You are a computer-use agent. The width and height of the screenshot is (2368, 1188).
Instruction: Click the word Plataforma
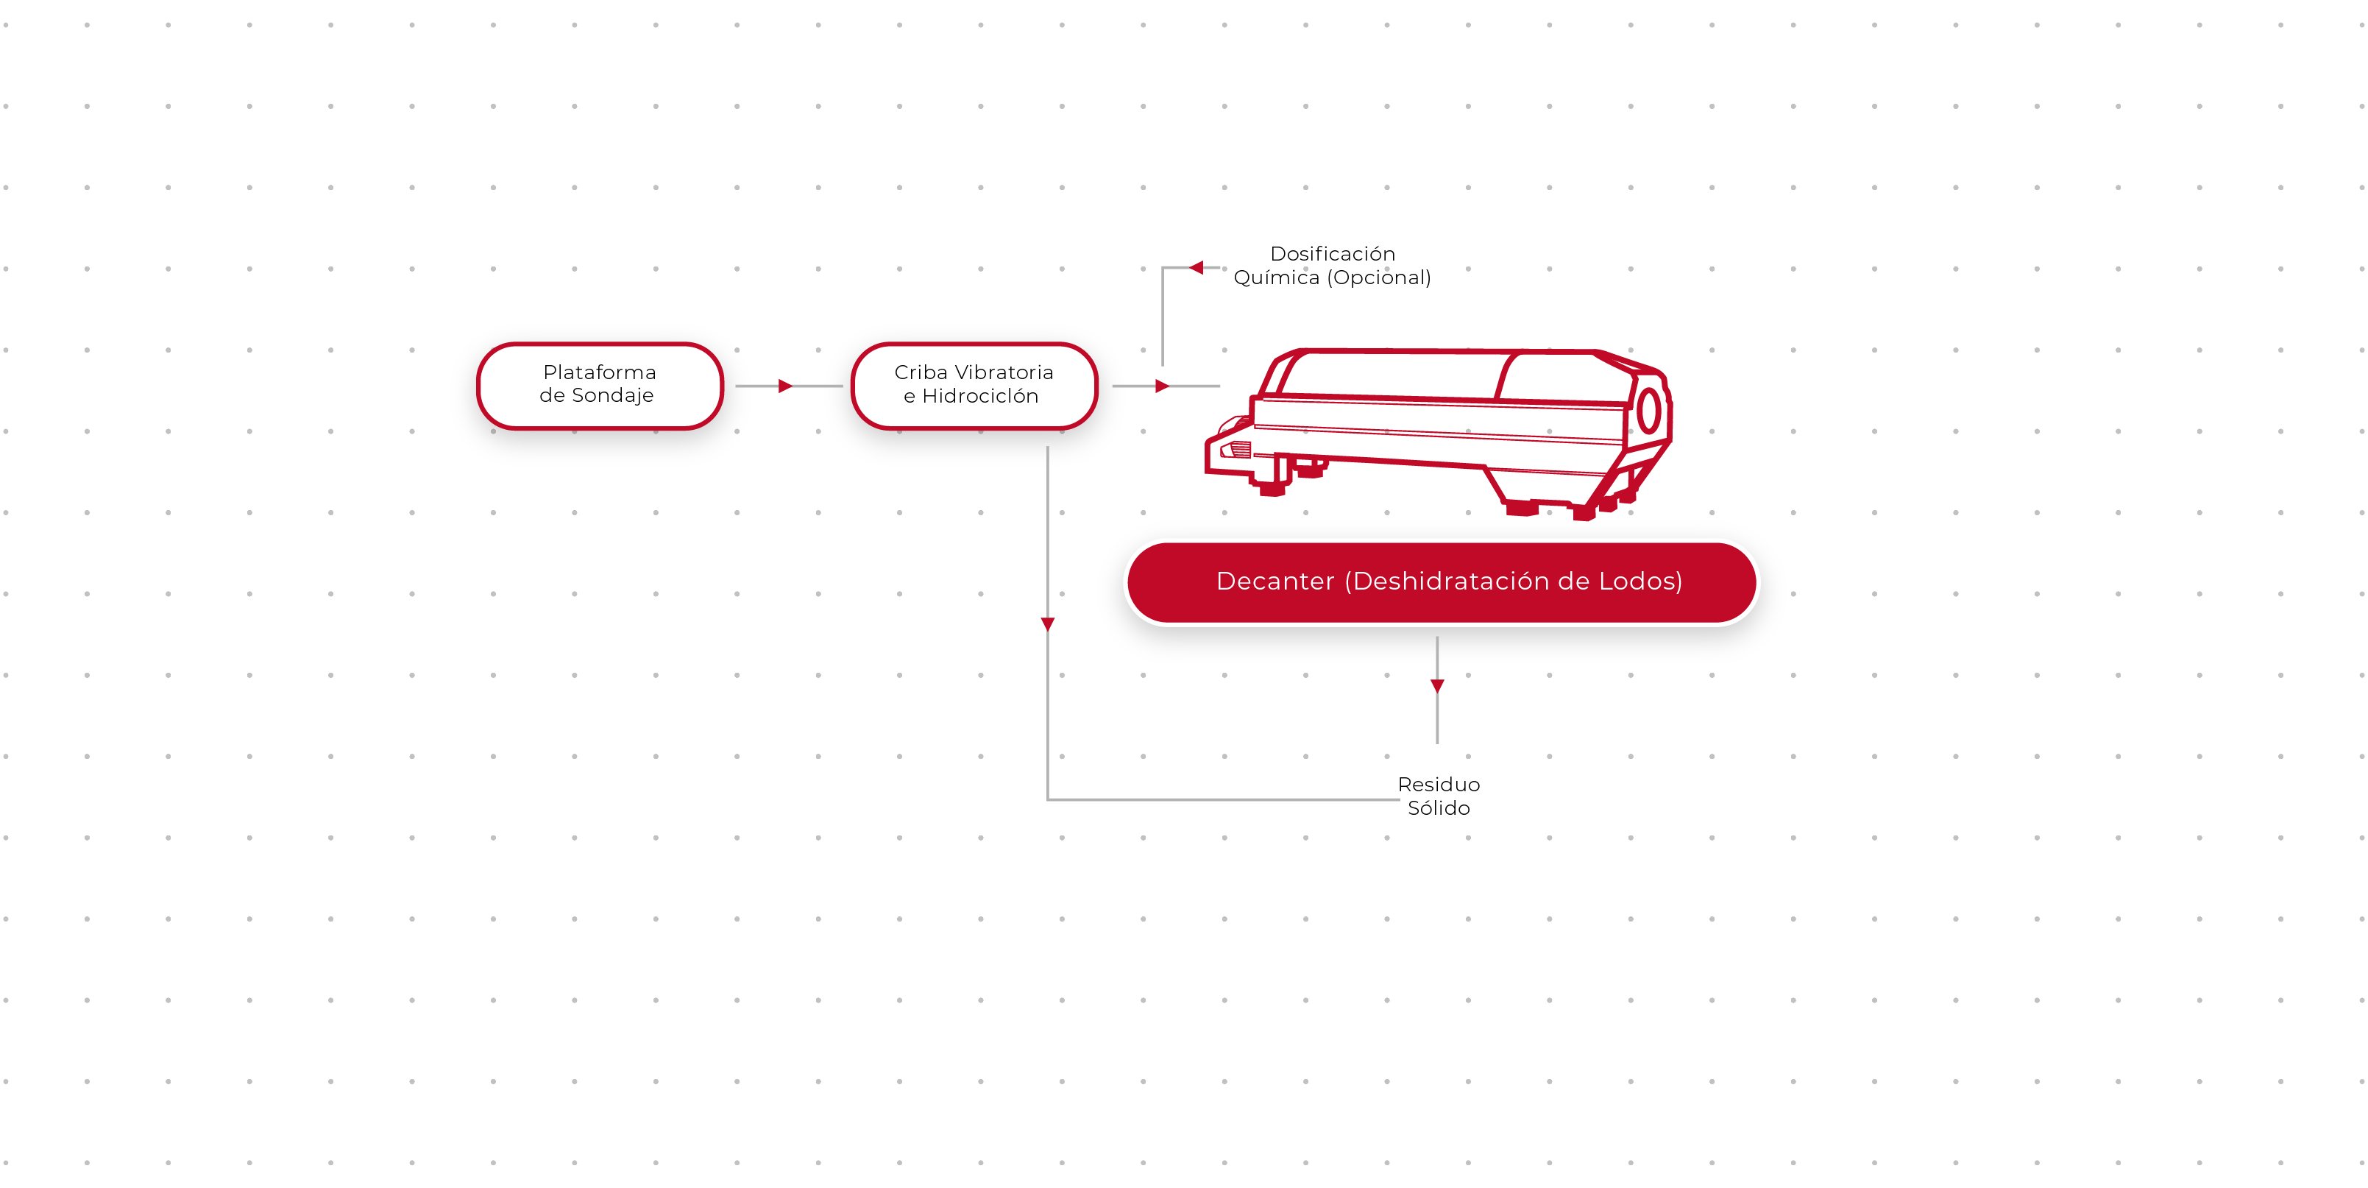coord(599,372)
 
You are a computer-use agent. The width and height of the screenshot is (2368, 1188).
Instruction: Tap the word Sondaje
coord(612,395)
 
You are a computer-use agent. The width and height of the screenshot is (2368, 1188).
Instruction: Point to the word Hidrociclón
coord(980,396)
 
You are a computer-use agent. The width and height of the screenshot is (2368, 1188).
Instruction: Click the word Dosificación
coord(1332,254)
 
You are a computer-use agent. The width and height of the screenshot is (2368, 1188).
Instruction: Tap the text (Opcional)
coord(1378,277)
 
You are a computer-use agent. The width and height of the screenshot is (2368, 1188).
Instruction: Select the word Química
coord(1276,277)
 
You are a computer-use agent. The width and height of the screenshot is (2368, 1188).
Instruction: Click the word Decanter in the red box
coord(1275,581)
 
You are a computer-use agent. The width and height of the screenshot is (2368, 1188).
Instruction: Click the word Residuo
coord(1439,785)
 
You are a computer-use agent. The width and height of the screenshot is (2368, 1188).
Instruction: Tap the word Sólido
coord(1439,808)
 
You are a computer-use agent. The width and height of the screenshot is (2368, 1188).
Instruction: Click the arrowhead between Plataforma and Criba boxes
coord(785,386)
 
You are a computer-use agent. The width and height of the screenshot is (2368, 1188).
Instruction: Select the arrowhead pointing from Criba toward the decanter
coord(1162,386)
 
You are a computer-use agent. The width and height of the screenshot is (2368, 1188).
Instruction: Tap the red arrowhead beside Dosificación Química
coord(1196,268)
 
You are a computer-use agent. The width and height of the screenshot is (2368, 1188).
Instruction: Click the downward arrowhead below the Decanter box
coord(1438,686)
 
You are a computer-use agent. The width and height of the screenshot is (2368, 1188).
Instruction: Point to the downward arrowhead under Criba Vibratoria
coord(1048,624)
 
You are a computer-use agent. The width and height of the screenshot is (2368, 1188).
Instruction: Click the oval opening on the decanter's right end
coord(1649,411)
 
